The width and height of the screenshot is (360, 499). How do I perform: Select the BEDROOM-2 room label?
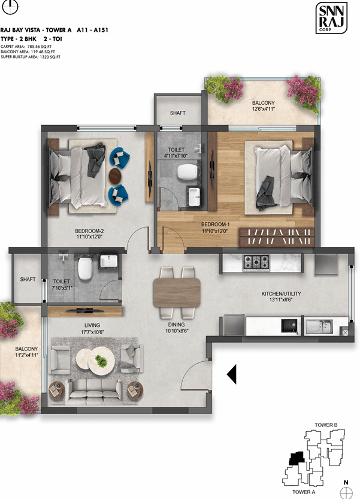click(x=90, y=231)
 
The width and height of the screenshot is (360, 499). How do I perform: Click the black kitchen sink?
click(x=291, y=326)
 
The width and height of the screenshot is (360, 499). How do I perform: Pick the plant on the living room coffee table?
click(x=104, y=360)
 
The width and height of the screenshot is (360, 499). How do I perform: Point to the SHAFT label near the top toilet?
click(x=177, y=113)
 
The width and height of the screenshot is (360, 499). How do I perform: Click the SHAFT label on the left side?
click(x=28, y=279)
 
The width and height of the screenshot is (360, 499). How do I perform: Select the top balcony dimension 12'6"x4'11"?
click(x=263, y=109)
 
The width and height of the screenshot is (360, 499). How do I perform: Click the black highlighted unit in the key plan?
click(x=294, y=458)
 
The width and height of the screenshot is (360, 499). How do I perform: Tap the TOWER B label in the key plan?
click(x=326, y=425)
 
